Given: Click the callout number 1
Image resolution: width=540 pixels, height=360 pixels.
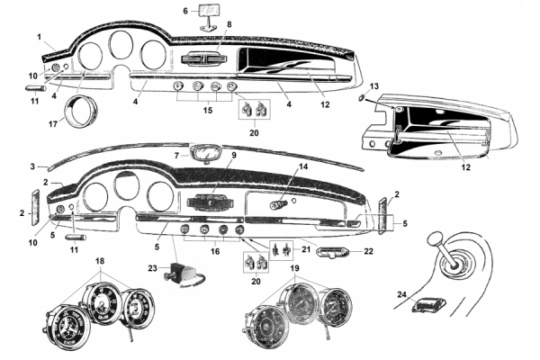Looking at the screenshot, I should [40, 36].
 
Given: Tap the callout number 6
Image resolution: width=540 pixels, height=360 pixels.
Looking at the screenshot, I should [185, 11].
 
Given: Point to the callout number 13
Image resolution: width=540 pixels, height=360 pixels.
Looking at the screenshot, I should [375, 85].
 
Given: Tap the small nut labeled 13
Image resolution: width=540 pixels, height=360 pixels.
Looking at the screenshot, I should [362, 95].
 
